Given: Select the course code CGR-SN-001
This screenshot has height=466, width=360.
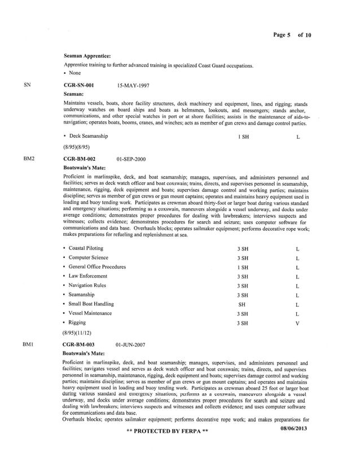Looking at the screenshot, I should pyautogui.click(x=78, y=85).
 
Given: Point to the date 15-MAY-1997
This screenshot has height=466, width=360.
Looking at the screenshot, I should pyautogui.click(x=133, y=86).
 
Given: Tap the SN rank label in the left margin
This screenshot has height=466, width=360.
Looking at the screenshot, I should pyautogui.click(x=27, y=85).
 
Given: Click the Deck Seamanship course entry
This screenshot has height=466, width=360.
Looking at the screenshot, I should pyautogui.click(x=88, y=136).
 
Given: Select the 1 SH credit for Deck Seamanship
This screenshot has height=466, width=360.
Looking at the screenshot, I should pyautogui.click(x=243, y=137).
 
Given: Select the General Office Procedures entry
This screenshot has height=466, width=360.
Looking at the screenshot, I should pyautogui.click(x=97, y=267).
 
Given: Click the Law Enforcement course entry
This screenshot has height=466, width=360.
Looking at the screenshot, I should pyautogui.click(x=88, y=276).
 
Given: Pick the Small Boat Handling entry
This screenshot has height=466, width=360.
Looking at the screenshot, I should pyautogui.click(x=91, y=304).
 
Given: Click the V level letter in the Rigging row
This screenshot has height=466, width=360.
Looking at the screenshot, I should pyautogui.click(x=297, y=323).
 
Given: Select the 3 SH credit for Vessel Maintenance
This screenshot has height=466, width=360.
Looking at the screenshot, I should pyautogui.click(x=243, y=314).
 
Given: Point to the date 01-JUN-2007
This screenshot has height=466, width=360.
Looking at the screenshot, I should pyautogui.click(x=130, y=343).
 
